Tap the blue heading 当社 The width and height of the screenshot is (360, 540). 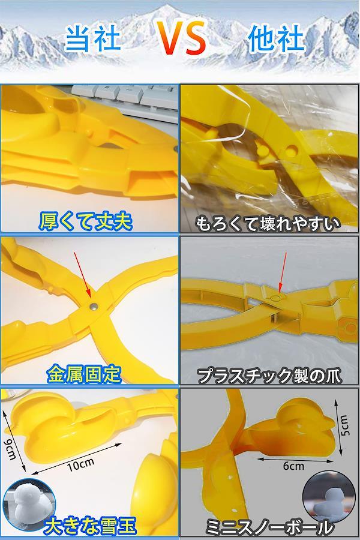click(92, 38)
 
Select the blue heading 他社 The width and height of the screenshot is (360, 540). click(275, 38)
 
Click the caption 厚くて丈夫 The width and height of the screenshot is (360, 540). click(85, 221)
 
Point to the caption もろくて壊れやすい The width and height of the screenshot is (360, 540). click(268, 224)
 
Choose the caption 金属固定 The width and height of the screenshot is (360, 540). click(84, 374)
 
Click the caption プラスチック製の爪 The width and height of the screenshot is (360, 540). click(269, 376)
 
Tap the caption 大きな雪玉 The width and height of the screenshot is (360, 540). click(91, 526)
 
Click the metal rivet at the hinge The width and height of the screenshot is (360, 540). click(92, 306)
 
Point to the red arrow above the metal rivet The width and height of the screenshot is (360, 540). click(83, 274)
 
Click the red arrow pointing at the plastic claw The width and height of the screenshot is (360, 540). click(283, 273)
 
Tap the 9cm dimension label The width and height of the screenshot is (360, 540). click(11, 448)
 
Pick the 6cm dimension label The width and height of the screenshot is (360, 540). click(293, 466)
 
